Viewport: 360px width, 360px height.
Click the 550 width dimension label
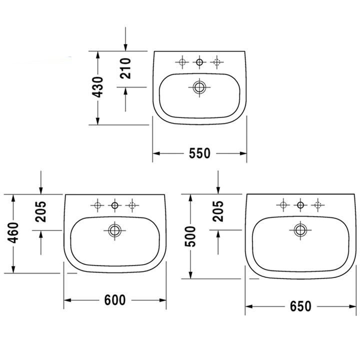[x=199, y=153]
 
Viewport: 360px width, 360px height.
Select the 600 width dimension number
[x=115, y=300]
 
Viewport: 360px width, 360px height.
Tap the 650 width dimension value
[x=300, y=306]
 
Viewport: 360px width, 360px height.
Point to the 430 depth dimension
[x=98, y=87]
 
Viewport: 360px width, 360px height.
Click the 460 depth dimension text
[x=13, y=232]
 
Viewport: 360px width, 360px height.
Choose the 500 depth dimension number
[x=190, y=236]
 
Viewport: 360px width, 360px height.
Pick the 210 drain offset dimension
[x=125, y=68]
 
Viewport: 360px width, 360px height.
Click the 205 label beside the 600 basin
[x=41, y=211]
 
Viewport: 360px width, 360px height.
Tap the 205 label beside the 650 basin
[x=218, y=211]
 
